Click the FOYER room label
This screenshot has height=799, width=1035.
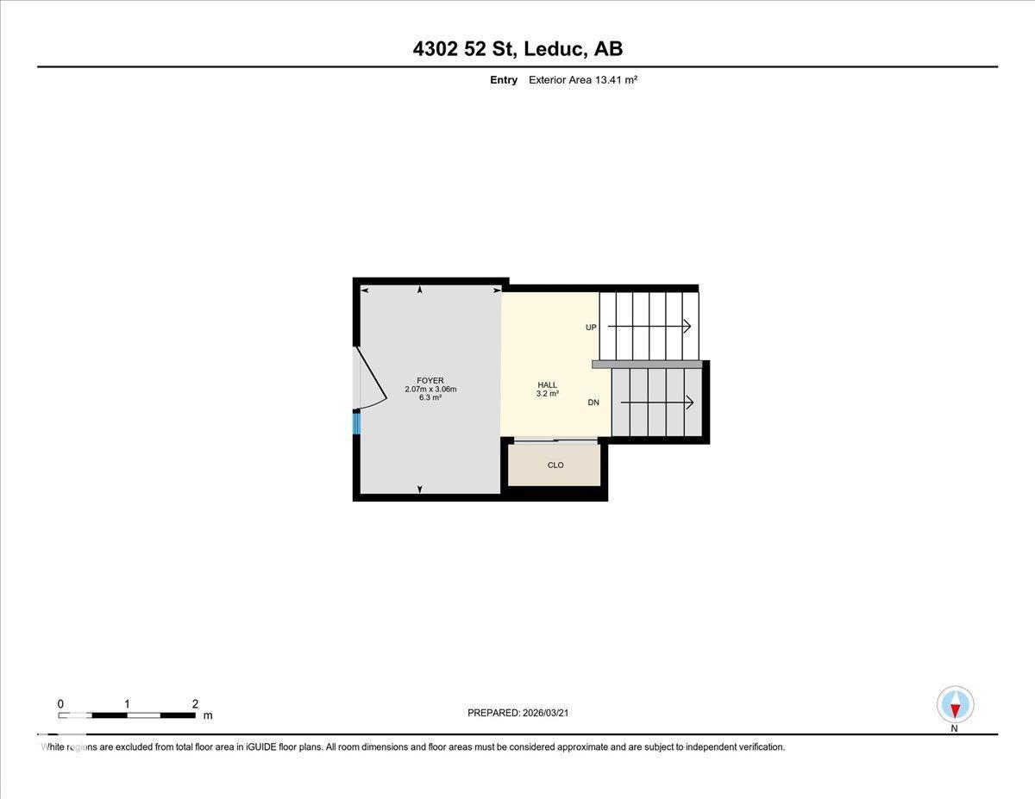pos(430,380)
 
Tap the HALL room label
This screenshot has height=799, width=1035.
pos(548,385)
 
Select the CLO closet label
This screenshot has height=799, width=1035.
pos(555,465)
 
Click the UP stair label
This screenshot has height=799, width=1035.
pos(591,328)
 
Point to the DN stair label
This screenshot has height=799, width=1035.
pos(593,403)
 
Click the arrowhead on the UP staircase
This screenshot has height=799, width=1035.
pos(687,326)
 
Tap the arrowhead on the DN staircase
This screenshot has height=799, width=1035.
pos(689,403)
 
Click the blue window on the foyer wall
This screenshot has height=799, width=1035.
pos(356,423)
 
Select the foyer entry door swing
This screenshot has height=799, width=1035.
pos(373,379)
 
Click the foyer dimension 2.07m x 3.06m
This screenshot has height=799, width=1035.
pos(430,389)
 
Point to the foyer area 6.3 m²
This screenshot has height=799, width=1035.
pos(430,397)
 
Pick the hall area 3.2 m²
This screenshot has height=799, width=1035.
pos(548,394)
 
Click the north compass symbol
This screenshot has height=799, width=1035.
pos(955,705)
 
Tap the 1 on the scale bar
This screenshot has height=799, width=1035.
pos(127,703)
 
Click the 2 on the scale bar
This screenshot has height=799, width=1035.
pos(195,703)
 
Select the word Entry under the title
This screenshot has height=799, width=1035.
pos(503,80)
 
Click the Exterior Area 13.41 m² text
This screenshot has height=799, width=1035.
pos(583,80)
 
